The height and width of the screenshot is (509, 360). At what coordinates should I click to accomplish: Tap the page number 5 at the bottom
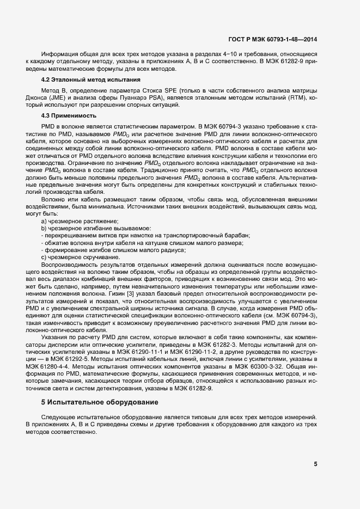[315, 464]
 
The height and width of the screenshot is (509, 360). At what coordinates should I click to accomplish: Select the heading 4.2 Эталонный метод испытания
[90, 79]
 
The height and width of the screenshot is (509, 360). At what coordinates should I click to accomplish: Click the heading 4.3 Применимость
[70, 115]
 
